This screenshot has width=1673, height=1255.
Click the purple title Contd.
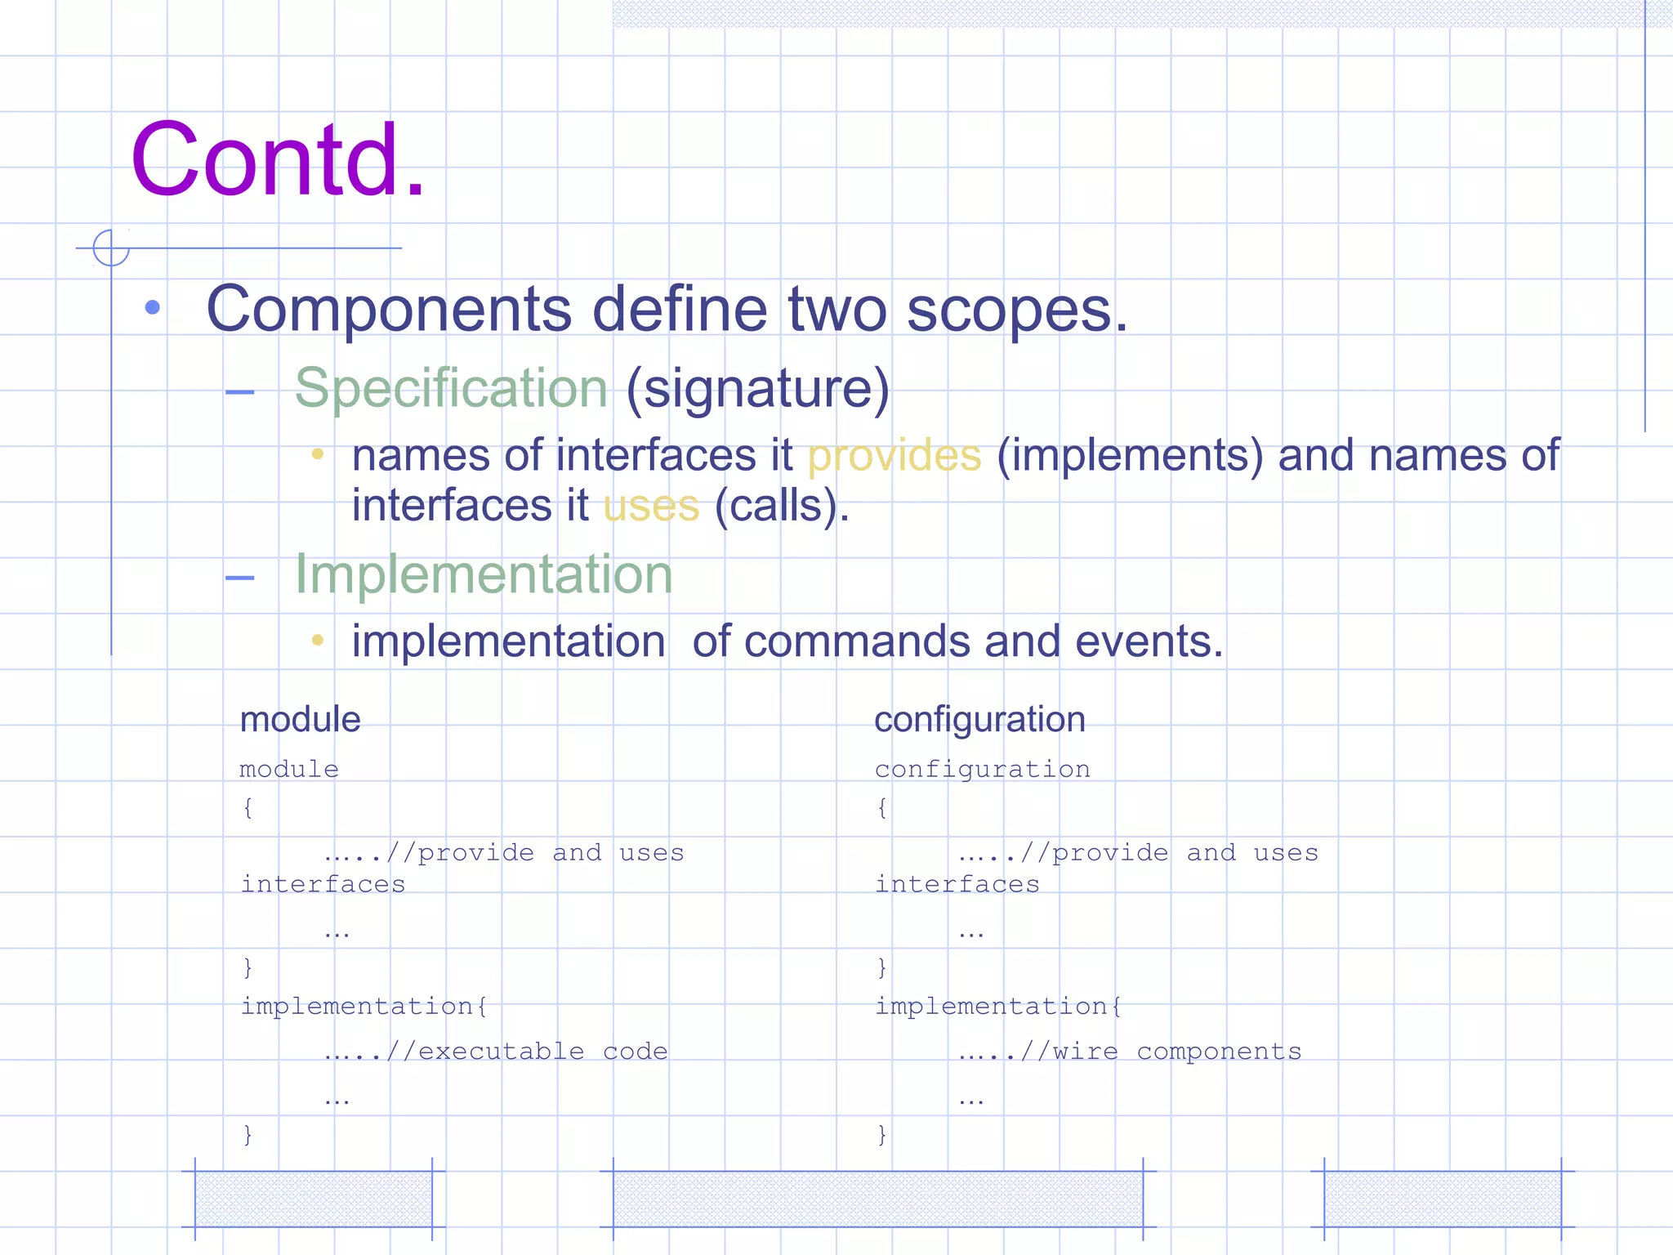pos(278,160)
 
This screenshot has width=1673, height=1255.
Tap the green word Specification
pos(451,388)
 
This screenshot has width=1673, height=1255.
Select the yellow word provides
pos(894,455)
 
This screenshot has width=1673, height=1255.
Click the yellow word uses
pos(651,506)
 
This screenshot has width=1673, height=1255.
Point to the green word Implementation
pos(484,574)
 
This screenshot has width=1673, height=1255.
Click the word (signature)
pos(758,388)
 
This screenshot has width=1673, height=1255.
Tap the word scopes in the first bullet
pos(1016,310)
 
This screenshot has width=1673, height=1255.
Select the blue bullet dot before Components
pos(153,308)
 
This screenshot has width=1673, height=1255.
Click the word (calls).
pos(782,506)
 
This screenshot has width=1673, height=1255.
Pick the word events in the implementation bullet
pos(1149,641)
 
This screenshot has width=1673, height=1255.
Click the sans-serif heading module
pos(300,720)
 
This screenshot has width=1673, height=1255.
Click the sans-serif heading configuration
pos(979,720)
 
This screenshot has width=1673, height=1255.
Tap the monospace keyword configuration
pos(982,770)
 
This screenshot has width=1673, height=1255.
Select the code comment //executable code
pos(526,1052)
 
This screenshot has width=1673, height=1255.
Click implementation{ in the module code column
pos(364,1006)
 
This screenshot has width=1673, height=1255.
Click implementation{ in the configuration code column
pos(998,1006)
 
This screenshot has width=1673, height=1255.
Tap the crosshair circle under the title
pos(111,248)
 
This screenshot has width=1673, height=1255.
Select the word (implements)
pos(1130,455)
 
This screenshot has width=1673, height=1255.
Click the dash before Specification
pos(240,392)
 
